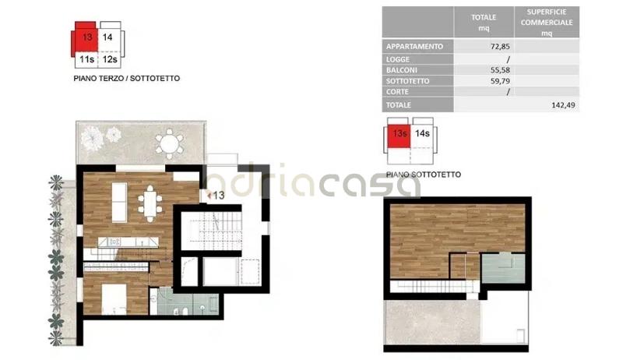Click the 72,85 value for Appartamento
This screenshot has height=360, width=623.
coord(500,47)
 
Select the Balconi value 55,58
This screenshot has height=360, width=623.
coord(500,70)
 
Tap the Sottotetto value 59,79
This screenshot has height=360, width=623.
coord(500,81)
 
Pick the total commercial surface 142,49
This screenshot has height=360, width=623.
coord(563,105)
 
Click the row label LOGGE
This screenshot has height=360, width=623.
coord(398,59)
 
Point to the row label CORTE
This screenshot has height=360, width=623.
coord(397,92)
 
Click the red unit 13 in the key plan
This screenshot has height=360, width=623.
coord(87,37)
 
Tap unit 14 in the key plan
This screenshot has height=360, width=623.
coord(107,37)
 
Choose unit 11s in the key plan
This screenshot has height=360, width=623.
coord(86,59)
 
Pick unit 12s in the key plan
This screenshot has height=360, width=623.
coord(110,59)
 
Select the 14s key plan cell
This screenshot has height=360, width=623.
coord(422,133)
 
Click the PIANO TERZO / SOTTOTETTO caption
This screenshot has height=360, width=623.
coord(127,78)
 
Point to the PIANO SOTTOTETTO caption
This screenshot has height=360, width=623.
coord(424,175)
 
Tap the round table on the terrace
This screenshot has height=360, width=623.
coord(170,143)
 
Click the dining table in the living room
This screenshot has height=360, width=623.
coord(150,203)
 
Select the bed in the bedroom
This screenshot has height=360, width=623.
coord(114,299)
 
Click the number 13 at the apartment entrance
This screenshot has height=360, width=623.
coord(219,196)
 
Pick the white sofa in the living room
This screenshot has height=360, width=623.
coord(120,203)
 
